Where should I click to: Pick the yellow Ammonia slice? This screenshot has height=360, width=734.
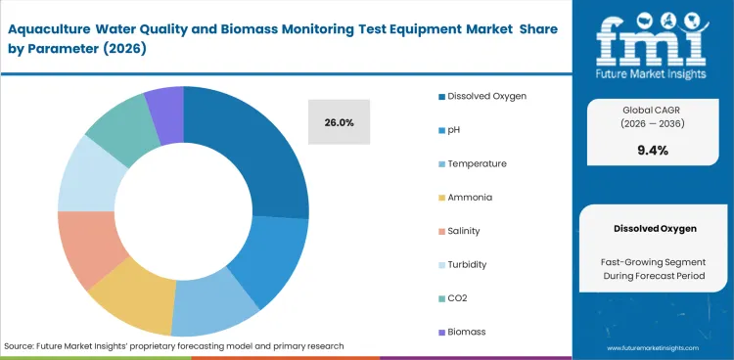pyautogui.click(x=132, y=303)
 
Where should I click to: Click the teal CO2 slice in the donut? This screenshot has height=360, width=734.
pyautogui.click(x=118, y=130)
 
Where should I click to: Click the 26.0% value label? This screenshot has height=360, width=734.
pyautogui.click(x=339, y=122)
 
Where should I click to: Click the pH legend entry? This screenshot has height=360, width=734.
pyautogui.click(x=455, y=130)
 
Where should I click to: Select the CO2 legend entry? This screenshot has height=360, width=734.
pyautogui.click(x=458, y=298)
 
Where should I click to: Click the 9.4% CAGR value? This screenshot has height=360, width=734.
pyautogui.click(x=652, y=150)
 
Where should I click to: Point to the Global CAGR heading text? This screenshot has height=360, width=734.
pyautogui.click(x=652, y=110)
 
